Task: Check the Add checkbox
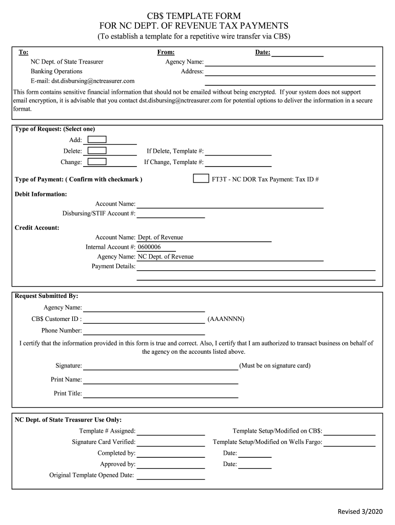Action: click(97, 139)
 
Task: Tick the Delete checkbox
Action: click(97, 151)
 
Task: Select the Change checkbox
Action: click(97, 162)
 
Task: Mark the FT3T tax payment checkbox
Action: click(201, 179)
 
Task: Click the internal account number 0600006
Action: click(149, 247)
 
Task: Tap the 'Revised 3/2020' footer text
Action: click(360, 512)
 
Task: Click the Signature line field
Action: click(161, 366)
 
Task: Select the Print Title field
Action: click(161, 393)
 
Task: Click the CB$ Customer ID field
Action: click(144, 319)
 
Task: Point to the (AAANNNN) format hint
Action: click(226, 319)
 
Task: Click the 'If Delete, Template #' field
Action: click(238, 151)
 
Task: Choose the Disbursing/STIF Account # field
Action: click(170, 213)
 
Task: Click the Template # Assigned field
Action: click(170, 431)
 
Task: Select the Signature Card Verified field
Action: click(170, 442)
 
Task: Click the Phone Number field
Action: click(144, 331)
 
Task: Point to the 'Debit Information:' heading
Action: click(41, 194)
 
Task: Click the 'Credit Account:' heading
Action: click(37, 228)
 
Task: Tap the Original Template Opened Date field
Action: click(170, 475)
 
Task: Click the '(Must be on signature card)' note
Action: click(275, 366)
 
